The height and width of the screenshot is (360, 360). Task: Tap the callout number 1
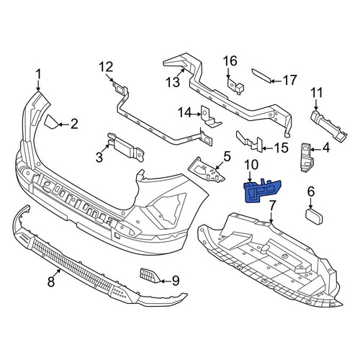coord(38,74)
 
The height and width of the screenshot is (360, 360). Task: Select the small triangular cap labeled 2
coord(51,122)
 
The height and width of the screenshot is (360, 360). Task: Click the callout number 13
coord(173,81)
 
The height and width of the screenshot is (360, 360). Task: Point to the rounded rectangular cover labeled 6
coord(314,217)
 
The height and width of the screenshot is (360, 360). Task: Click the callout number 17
coord(289,80)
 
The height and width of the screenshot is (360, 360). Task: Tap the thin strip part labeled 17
coord(261,76)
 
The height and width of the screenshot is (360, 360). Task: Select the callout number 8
coord(51,281)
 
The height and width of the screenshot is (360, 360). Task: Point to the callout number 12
coord(106,67)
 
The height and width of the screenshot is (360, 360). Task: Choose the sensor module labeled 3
coord(126,148)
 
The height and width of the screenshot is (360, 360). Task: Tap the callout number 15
coord(281,148)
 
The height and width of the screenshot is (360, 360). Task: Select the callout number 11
coord(317,94)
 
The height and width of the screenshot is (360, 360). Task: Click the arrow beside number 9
coord(164,281)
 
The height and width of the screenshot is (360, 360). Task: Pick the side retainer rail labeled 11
coord(329,126)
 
